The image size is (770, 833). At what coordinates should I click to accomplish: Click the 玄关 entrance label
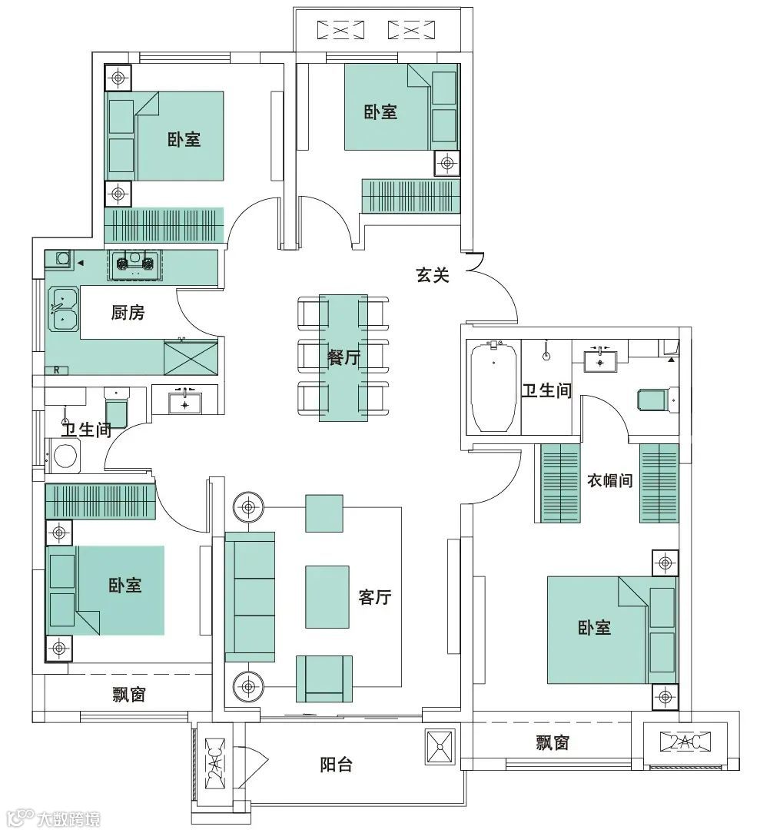coord(433,274)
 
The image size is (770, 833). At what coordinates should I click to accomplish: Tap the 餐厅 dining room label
coord(344,357)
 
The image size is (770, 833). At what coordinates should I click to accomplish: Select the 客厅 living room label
coord(375,596)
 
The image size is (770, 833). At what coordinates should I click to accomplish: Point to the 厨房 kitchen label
coord(128,312)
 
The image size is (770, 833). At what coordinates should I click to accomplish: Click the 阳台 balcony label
coord(337,765)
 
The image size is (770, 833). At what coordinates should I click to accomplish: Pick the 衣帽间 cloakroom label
coord(609,480)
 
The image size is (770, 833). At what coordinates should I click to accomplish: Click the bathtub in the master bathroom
coord(494,387)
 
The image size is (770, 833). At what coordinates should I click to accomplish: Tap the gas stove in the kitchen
coord(135,264)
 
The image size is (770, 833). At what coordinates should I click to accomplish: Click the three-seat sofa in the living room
coord(250,596)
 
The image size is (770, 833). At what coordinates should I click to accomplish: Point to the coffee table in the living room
coord(327,596)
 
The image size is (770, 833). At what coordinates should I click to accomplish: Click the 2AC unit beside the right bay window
coord(685,742)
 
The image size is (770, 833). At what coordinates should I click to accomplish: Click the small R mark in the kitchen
coord(57,371)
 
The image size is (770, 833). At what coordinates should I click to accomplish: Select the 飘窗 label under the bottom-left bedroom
coord(129,695)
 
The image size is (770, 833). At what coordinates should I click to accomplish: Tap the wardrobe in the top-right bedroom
coord(410,196)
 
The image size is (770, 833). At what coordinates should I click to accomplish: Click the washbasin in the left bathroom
coord(185,403)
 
